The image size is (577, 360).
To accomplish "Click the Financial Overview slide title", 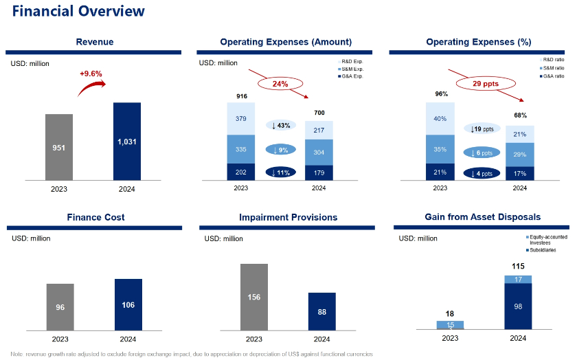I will pyautogui.click(x=79, y=12).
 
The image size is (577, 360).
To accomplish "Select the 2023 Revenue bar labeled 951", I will pyautogui.click(x=59, y=148).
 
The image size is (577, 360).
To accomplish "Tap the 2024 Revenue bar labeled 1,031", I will pyautogui.click(x=127, y=141).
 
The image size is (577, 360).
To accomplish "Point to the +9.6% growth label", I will pyautogui.click(x=91, y=73).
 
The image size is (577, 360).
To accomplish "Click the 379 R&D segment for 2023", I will pyautogui.click(x=240, y=118).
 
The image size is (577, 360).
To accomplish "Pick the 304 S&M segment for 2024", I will pyautogui.click(x=319, y=153).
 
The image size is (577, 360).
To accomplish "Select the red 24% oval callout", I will pyautogui.click(x=280, y=84).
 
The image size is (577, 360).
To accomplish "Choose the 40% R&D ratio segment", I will pyautogui.click(x=440, y=118).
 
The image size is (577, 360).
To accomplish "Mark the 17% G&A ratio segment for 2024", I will pyautogui.click(x=520, y=173).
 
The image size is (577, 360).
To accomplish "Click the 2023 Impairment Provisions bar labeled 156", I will pyautogui.click(x=254, y=297).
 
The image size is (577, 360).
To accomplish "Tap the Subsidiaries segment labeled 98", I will pyautogui.click(x=518, y=306).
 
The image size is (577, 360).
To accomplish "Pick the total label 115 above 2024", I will pyautogui.click(x=518, y=266).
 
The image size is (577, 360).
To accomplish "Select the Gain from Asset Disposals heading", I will pyautogui.click(x=478, y=217).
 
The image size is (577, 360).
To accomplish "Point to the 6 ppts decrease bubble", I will pyautogui.click(x=479, y=153).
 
